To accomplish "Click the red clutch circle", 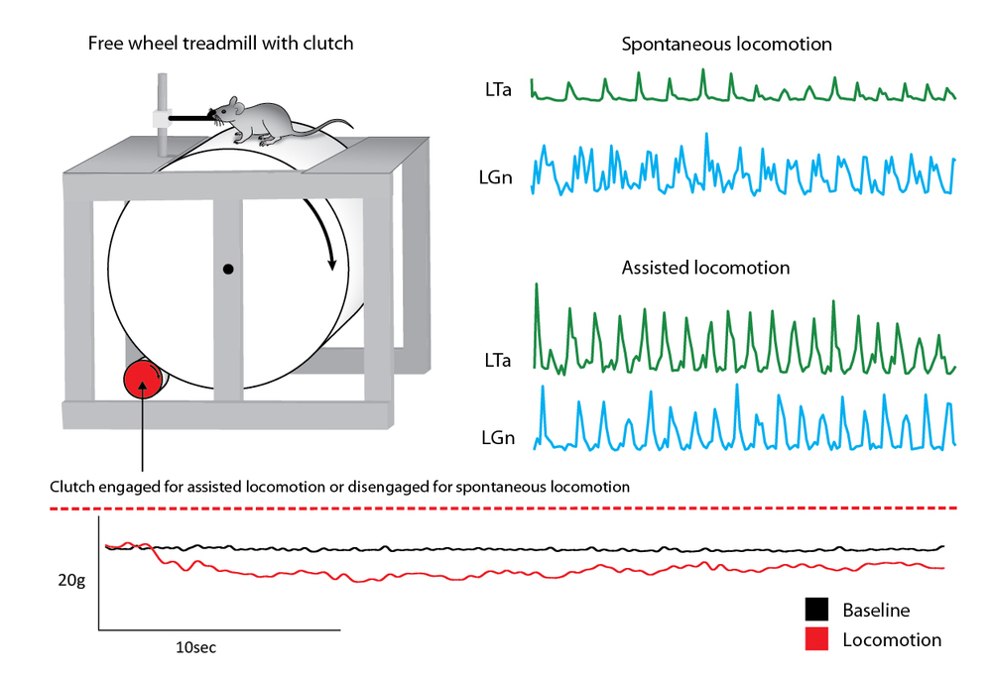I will point(143,378).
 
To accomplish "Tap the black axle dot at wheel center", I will point(229,268).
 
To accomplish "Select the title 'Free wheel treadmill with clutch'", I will point(220,44).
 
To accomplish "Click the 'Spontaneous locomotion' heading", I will point(726,45).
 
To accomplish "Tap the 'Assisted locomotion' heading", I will point(705,268).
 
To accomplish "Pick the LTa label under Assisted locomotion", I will point(497,361).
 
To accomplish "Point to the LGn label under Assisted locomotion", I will point(497,437).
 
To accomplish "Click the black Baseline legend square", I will point(816,610).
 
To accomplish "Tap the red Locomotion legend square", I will point(816,639).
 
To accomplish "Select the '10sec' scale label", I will point(195,648).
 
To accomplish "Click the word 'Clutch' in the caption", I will point(72,488).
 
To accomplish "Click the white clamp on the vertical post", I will point(158,117).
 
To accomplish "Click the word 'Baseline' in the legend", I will point(876,610).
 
